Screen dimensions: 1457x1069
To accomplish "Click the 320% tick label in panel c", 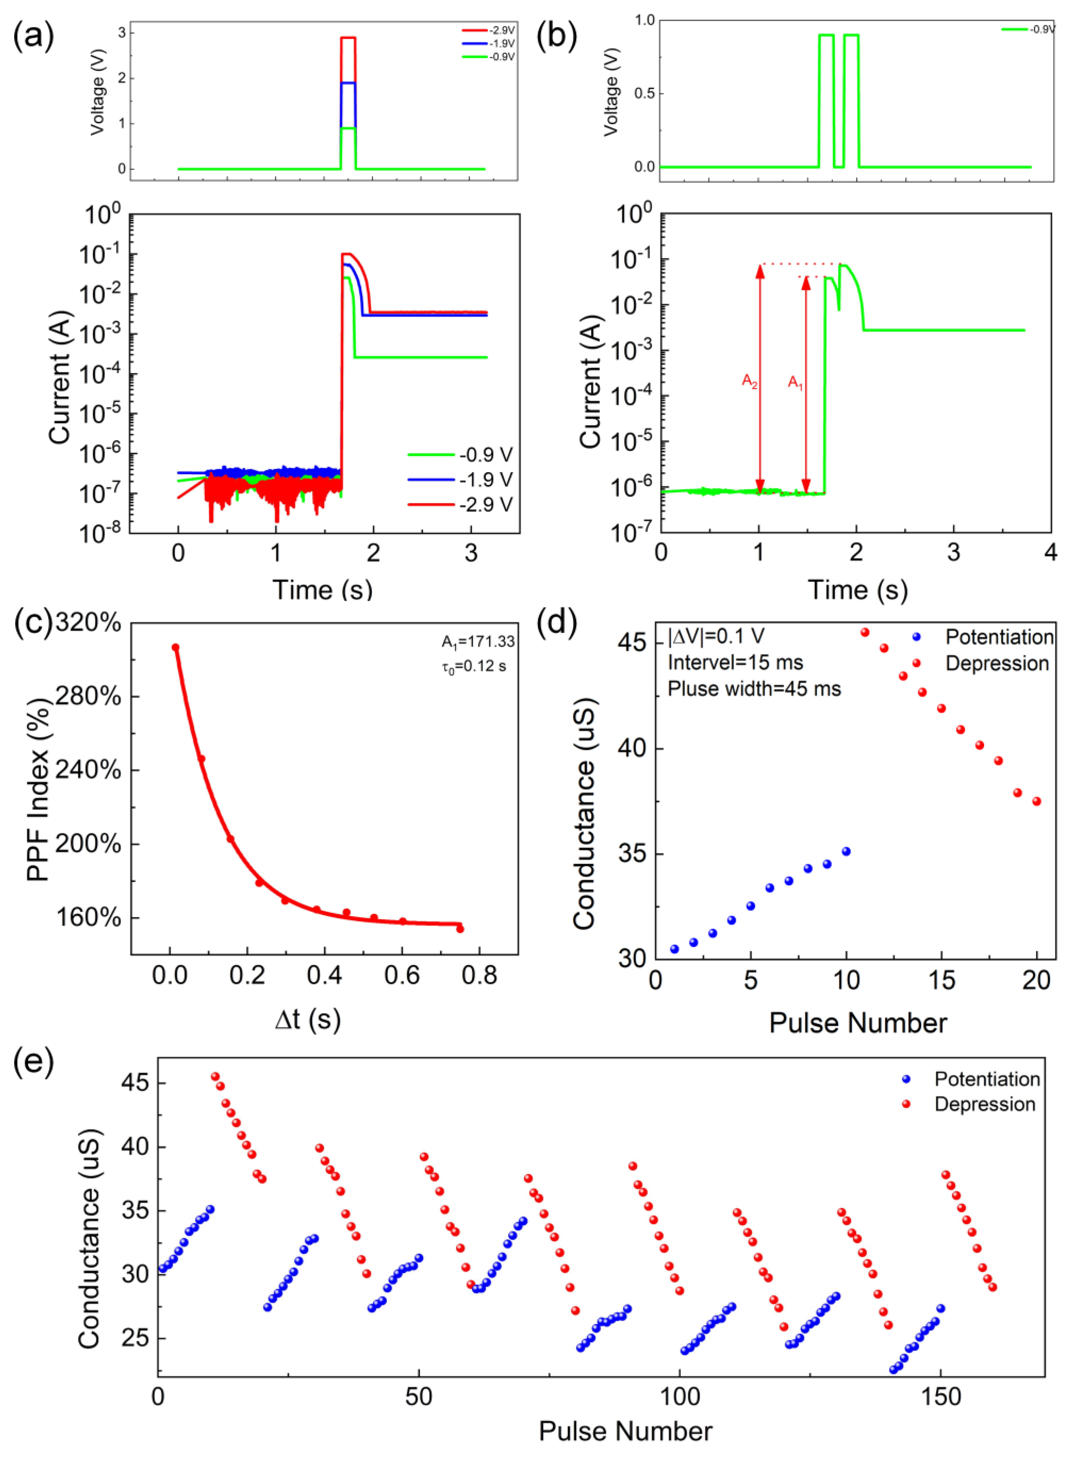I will tap(89, 623).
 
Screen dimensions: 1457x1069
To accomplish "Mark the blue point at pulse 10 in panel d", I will tap(846, 852).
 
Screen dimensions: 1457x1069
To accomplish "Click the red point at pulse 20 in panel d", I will tap(1037, 801).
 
